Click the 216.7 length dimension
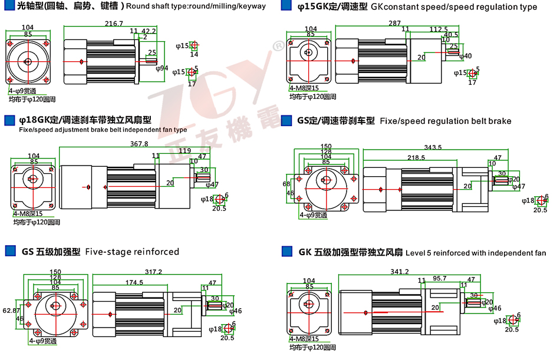coord(114,24)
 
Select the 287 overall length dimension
coord(394,24)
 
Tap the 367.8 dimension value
coord(139,144)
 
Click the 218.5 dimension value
coord(416,157)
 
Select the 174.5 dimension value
coord(134,283)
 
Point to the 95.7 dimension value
coord(440,279)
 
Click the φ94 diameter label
coord(162,68)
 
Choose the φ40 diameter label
coord(465,56)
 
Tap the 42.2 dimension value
coord(149,31)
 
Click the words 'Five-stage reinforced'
coord(132,252)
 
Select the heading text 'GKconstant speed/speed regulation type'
coord(453,7)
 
